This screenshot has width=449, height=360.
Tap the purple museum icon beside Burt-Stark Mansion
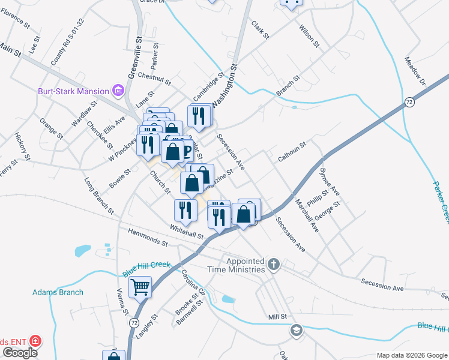point(118,91)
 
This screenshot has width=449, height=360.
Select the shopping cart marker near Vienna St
point(140,286)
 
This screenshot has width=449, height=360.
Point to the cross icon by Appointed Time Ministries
point(273,265)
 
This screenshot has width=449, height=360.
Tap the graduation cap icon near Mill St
point(296,330)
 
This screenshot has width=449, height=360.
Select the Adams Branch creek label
point(58,292)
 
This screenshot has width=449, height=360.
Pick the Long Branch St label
point(99,196)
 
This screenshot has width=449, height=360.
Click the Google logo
point(20,352)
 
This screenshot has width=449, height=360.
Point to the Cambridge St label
point(208,88)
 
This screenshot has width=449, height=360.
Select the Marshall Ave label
point(306,215)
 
